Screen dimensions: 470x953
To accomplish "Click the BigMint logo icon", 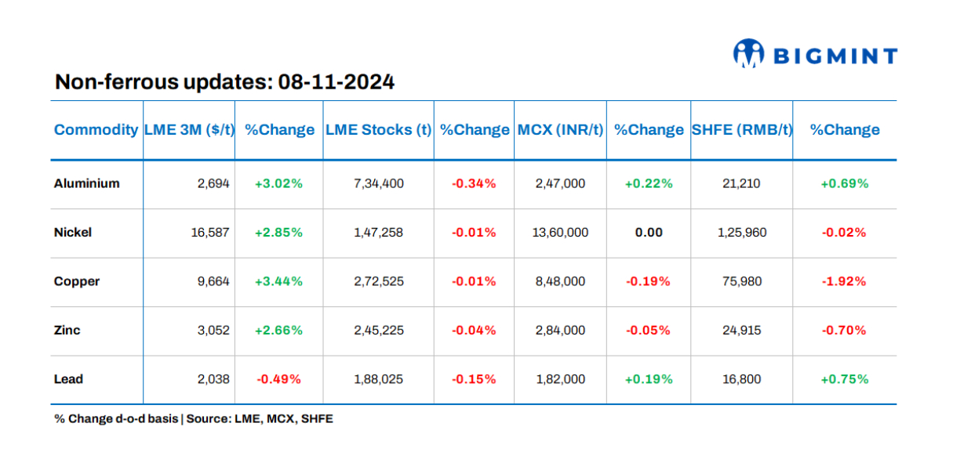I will pos(748,53).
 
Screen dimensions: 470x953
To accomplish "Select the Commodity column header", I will pos(96,130).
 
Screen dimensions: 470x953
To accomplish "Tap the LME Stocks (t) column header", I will pos(378,130).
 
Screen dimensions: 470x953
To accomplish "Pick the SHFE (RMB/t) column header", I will pos(741,130).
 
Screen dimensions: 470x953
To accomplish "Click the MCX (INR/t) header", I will pos(560,130).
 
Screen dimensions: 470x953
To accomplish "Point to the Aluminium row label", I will pos(86,183).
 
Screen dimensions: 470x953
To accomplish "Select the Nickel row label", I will pos(73,233).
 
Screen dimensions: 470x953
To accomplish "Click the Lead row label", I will pos(68,379).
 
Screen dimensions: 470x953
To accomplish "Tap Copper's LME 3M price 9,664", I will pos(213,281).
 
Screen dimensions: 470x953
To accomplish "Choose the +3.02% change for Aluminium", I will pos(278,183).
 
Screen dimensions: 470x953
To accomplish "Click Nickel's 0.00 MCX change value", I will pos(649,233).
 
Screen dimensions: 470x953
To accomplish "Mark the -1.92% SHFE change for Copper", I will pos(844,281).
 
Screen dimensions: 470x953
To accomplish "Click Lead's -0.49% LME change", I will pos(278,379).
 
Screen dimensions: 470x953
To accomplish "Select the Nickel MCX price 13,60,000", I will pos(559,233).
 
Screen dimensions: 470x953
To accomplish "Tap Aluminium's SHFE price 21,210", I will pos(741,183).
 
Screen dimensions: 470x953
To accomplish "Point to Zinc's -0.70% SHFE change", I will pos(844,331).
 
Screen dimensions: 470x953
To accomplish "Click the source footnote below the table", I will pos(193,419).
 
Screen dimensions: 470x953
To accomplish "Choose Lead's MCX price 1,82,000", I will pos(559,379).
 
